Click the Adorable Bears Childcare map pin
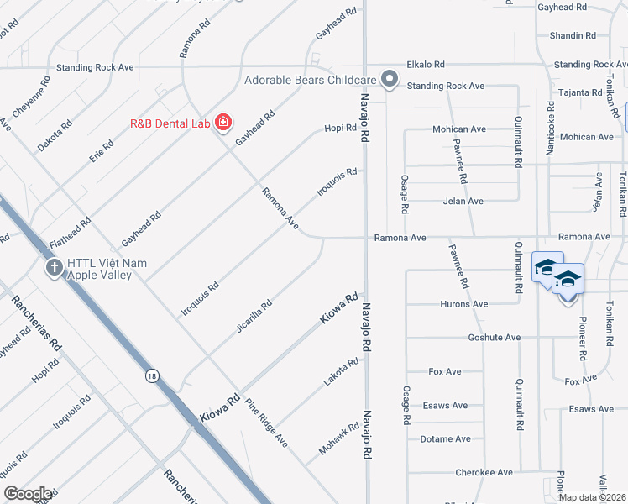(x=389, y=79)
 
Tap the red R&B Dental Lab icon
(x=222, y=123)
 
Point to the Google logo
(x=28, y=494)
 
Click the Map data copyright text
(x=592, y=497)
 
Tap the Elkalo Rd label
(x=426, y=64)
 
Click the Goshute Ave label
(x=495, y=337)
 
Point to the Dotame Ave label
(x=446, y=439)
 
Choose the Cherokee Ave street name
(x=484, y=473)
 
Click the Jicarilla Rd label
(x=254, y=317)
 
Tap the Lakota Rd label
(x=341, y=373)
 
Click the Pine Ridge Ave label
(x=267, y=423)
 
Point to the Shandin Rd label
(x=573, y=36)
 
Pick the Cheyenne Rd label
(x=34, y=100)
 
